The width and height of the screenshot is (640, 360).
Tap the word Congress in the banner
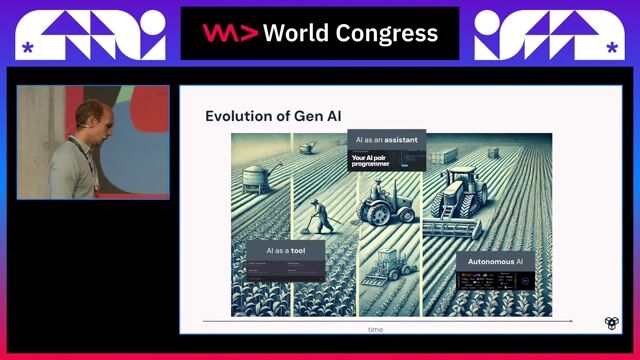pos(388,33)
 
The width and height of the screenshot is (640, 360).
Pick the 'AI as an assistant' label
pos(386,141)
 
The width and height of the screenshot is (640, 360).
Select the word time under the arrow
pos(374,329)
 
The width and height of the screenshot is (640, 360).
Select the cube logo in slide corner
pos(612,323)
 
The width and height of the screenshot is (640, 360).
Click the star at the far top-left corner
pos(27,47)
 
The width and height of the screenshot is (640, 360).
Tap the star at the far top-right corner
pos(611,47)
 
